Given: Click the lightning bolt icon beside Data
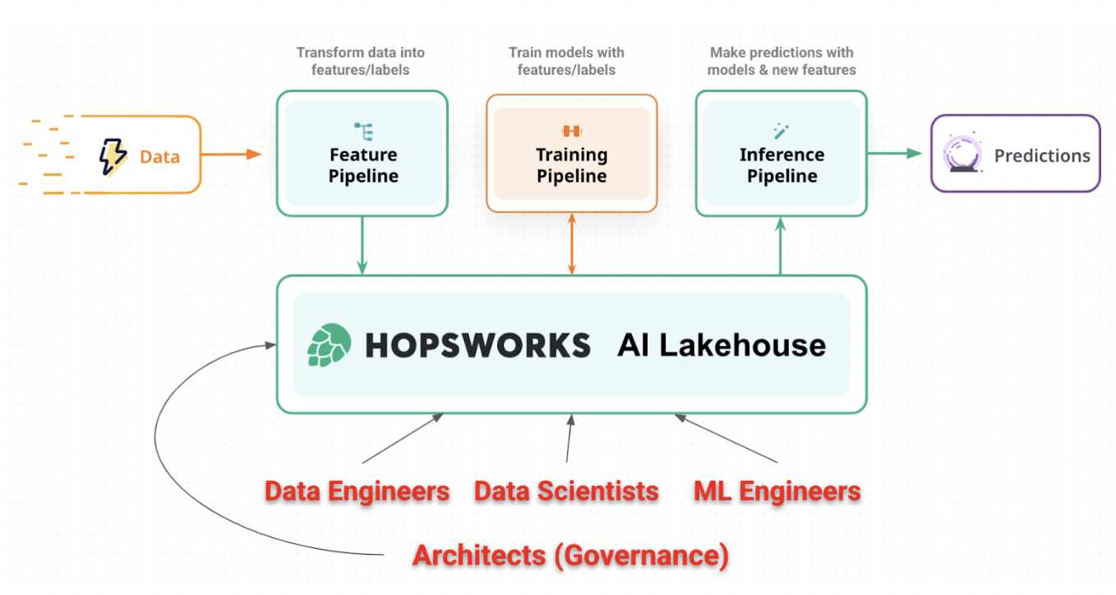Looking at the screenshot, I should coord(113,156).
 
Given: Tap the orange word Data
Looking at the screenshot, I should coord(159,156).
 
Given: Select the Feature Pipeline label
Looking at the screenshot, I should coord(363,165).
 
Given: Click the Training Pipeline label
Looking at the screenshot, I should coord(571,165).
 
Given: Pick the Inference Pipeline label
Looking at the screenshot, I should coord(782,165).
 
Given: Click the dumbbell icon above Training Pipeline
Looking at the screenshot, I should coord(571,131).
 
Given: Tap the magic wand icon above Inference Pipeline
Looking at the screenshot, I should coord(781,131).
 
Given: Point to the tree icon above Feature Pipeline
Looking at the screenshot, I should coord(363,131).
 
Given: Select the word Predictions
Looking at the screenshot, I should coord(1042,155).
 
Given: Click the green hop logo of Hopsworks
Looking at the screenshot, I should coord(330,345).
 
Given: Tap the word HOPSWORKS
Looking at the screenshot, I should coord(477,345).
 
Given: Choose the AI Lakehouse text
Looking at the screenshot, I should coord(722,345).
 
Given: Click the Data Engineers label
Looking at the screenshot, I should coord(357,491).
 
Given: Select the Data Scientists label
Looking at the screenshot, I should coord(566,491).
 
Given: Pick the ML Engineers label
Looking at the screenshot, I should coord(777,491).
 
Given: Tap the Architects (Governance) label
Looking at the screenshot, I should coord(570,556).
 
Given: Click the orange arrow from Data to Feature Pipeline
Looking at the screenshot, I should coord(231,154).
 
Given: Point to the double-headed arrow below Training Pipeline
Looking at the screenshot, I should coord(572,243).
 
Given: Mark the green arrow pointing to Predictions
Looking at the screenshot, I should coord(895,153).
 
